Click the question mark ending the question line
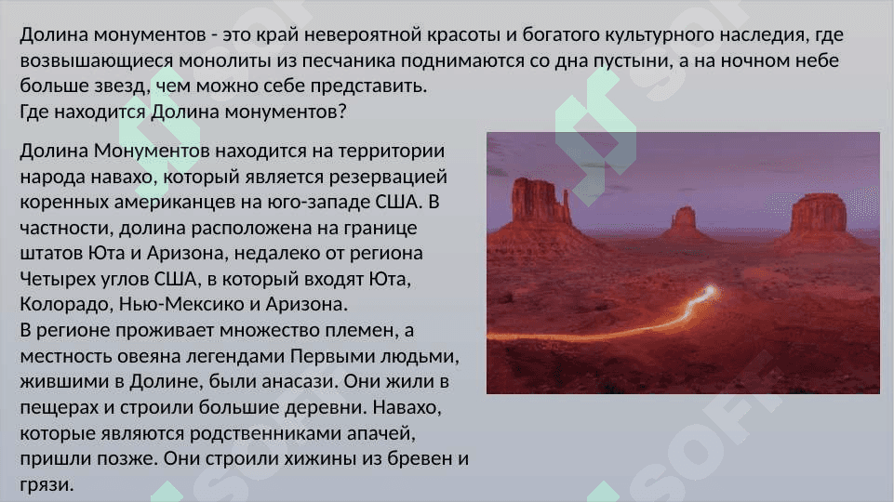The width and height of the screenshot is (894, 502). coord(342,112)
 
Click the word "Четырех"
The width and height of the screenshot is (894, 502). coord(56,280)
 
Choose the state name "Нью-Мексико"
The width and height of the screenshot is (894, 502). coord(181,304)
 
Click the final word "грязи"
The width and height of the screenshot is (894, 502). coord(47,485)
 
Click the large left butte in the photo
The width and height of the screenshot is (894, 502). coord(539,203)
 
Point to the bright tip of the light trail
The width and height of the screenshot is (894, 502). coord(709,292)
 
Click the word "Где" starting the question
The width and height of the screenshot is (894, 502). coord(34,112)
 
